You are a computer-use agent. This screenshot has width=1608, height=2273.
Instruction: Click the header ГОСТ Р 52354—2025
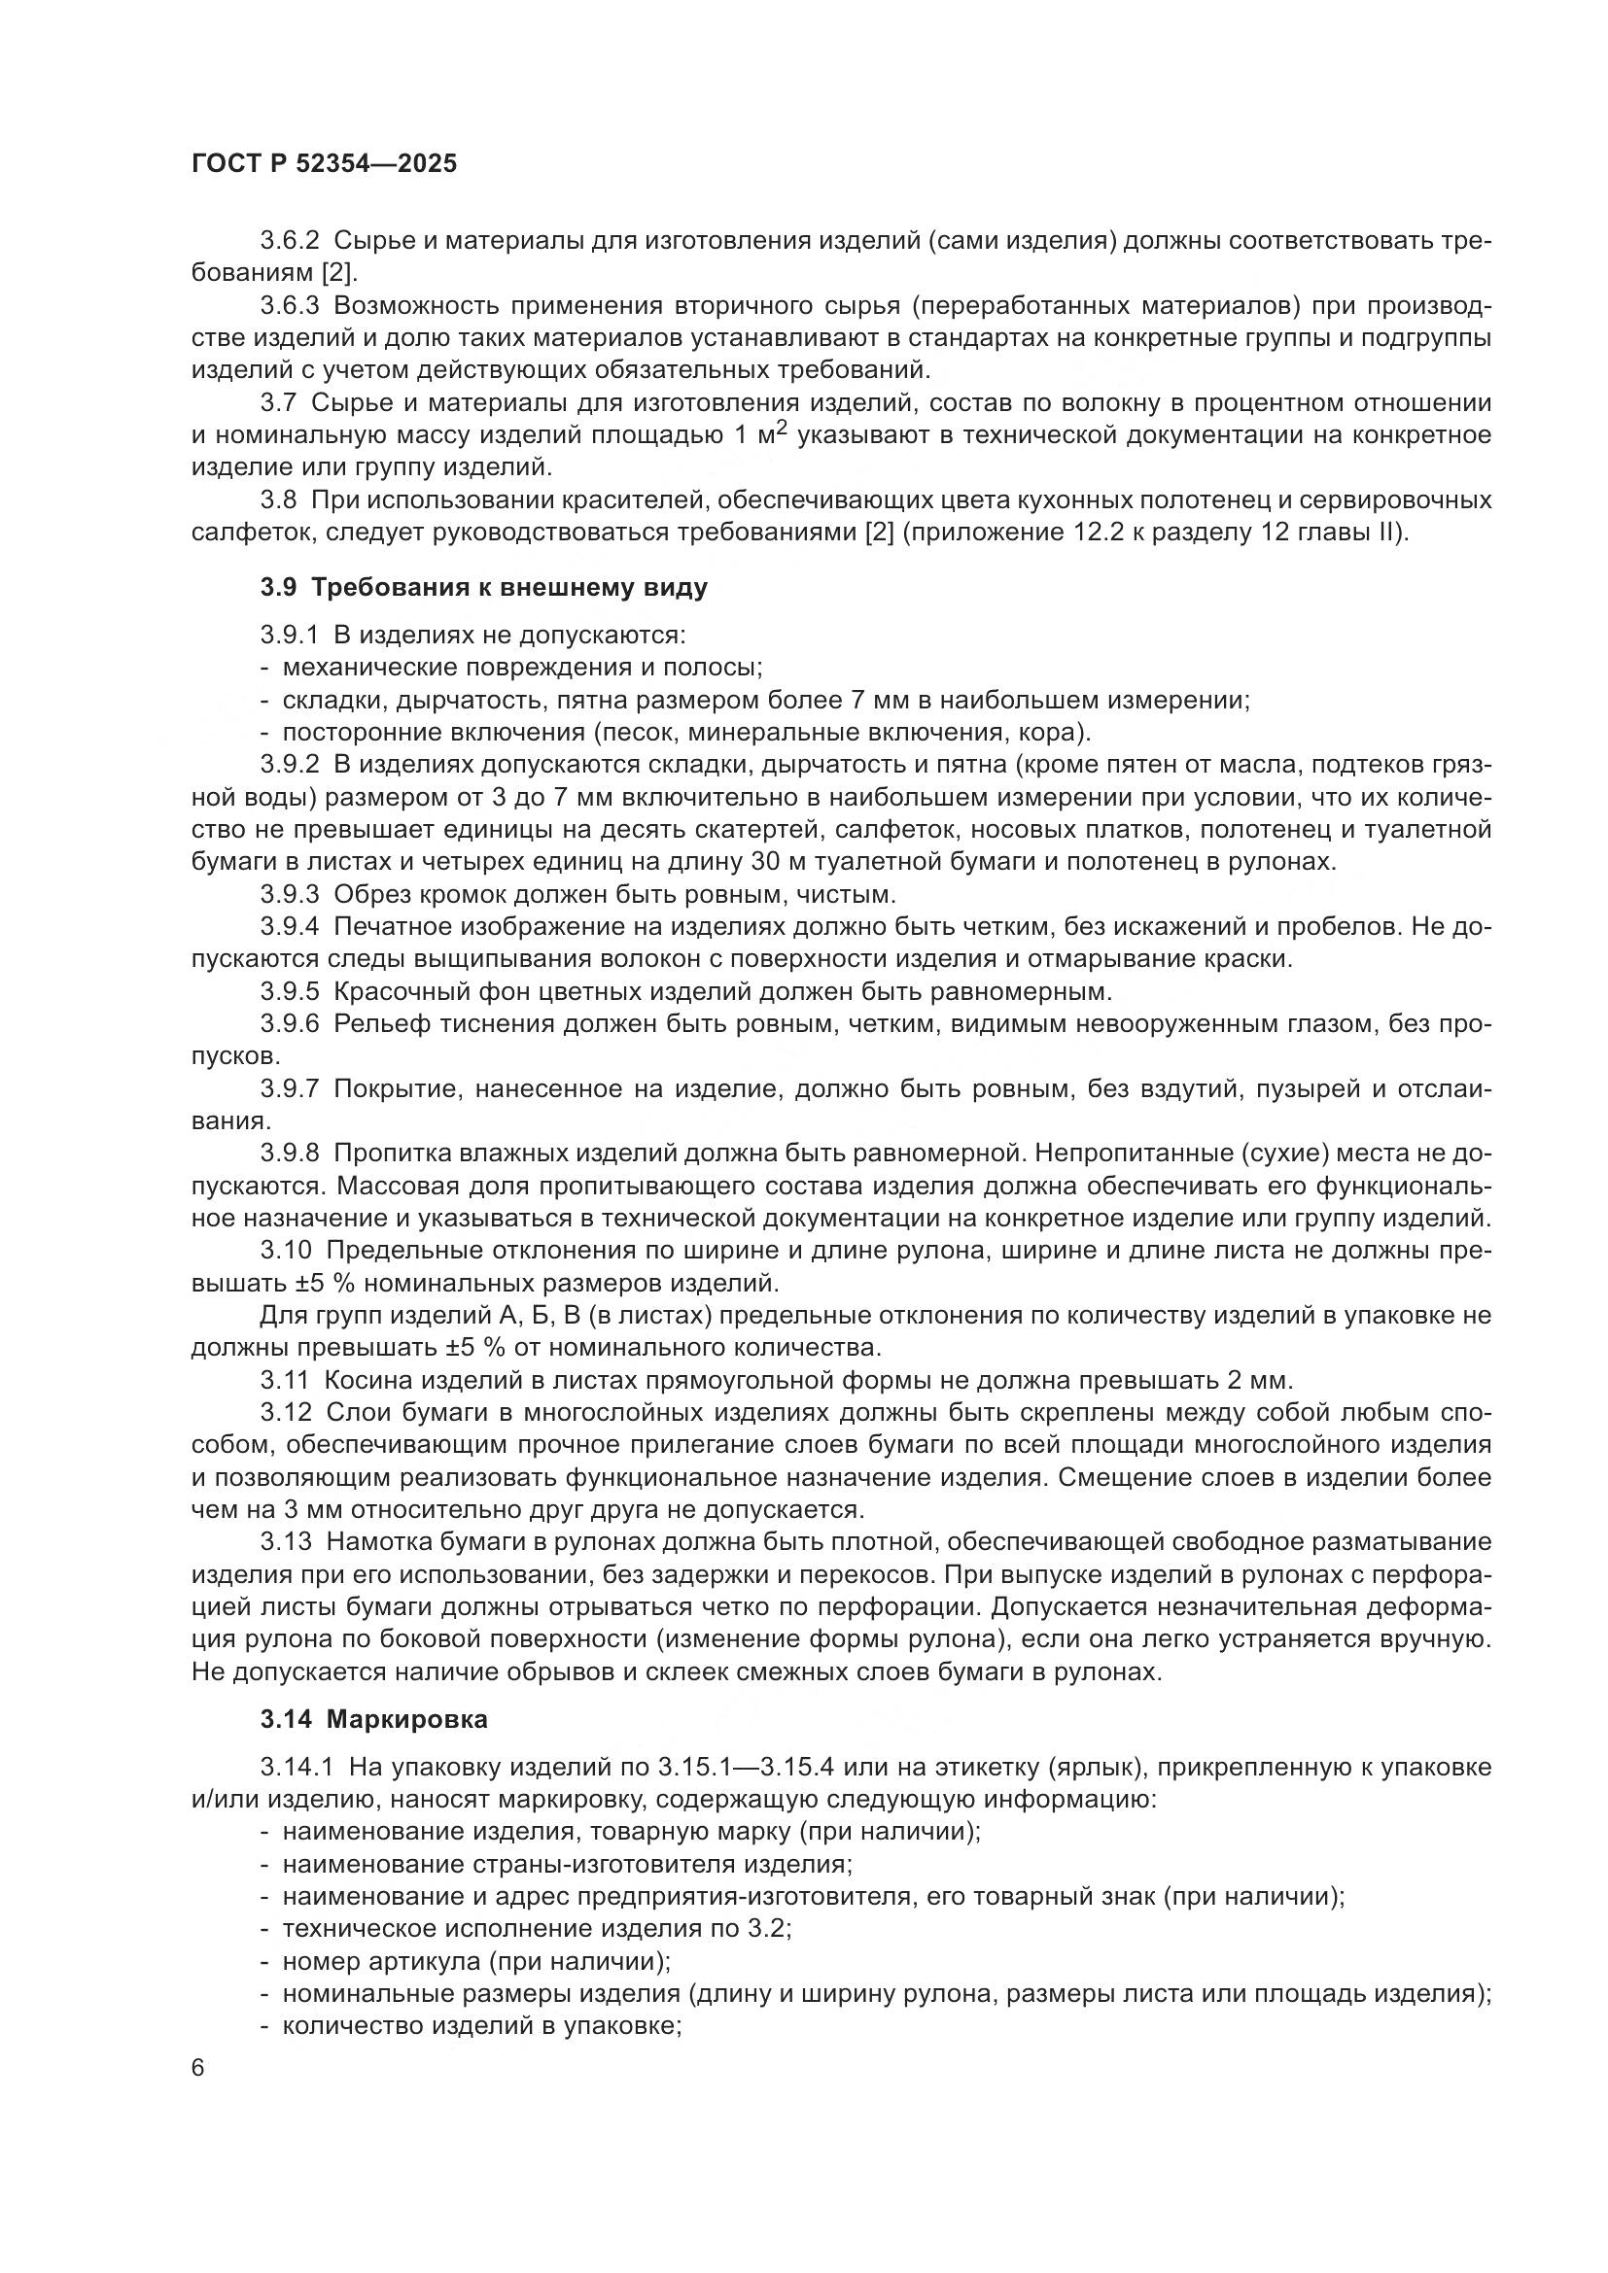pyautogui.click(x=324, y=164)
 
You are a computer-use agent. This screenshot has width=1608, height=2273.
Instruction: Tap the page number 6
pyautogui.click(x=198, y=2069)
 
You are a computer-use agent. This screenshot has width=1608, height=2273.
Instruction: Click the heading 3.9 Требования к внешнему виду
pyautogui.click(x=484, y=588)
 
